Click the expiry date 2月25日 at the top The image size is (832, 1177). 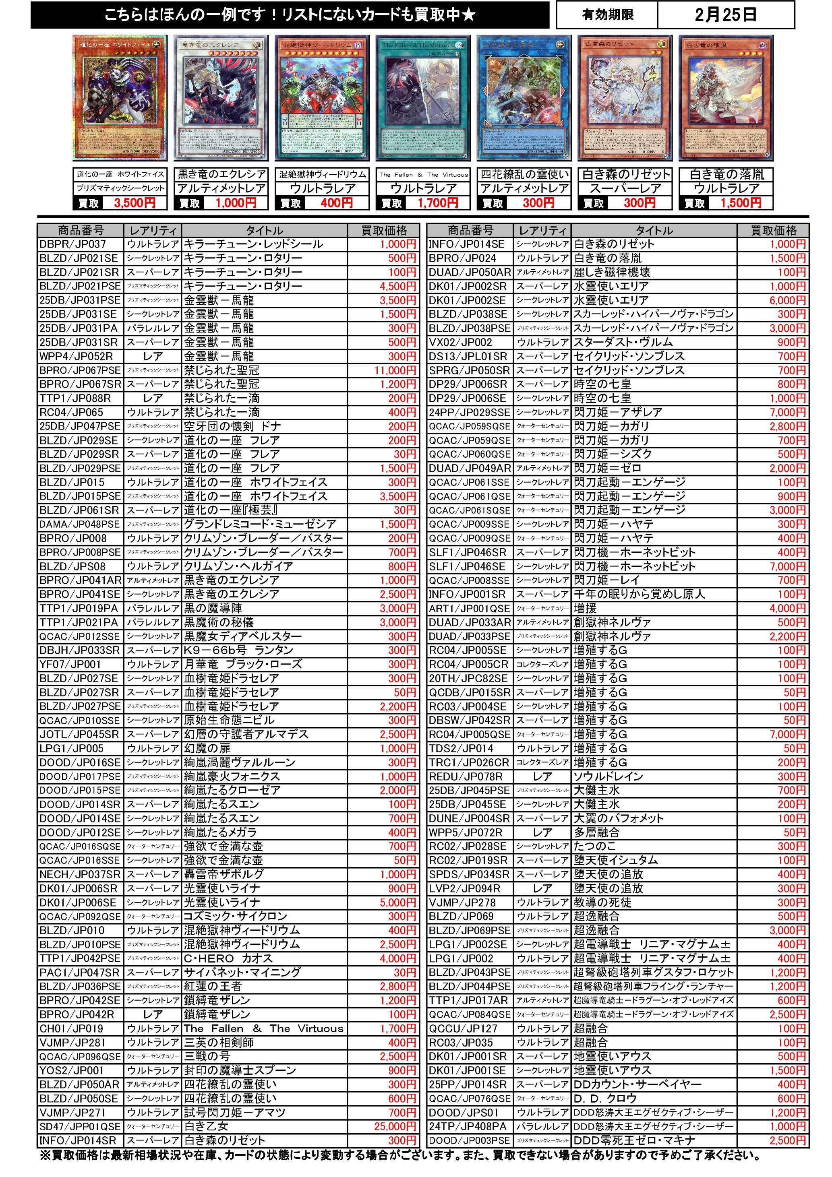[725, 15]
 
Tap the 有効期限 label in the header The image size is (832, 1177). [607, 15]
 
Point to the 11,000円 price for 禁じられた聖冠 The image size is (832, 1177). [395, 370]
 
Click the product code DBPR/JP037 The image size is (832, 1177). [73, 244]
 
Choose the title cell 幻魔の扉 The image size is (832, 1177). [207, 748]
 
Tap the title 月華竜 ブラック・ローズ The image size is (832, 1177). [243, 664]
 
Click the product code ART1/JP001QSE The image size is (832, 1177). [470, 609]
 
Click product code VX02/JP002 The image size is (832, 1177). [461, 342]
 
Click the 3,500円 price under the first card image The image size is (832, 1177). [135, 203]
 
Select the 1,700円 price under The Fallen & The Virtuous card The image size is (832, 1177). [437, 203]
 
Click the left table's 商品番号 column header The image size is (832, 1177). [81, 230]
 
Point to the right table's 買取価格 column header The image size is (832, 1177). [773, 230]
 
